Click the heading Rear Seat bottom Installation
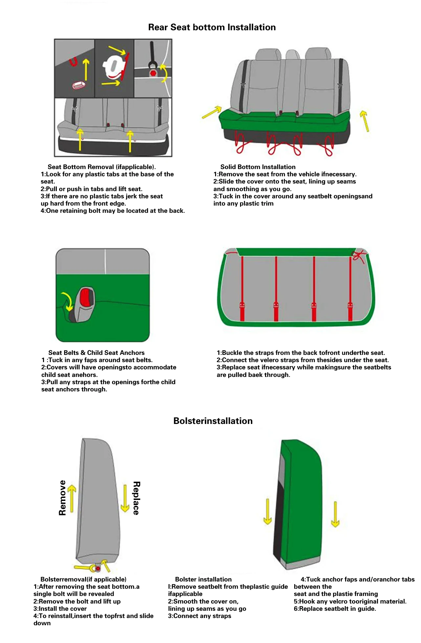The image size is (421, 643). (212, 27)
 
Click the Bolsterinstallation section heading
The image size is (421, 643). (213, 421)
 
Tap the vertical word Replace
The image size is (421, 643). (136, 498)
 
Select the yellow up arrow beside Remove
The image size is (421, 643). (72, 498)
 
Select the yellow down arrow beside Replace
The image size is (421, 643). (125, 499)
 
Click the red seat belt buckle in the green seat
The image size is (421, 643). (86, 297)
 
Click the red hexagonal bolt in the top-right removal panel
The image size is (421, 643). (153, 72)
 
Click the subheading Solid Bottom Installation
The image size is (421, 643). (258, 167)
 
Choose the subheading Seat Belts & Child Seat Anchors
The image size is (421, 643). (96, 353)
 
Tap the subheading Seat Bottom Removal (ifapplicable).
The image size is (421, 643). (101, 167)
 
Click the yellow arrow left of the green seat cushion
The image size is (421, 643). (212, 112)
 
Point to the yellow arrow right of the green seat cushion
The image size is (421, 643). (365, 121)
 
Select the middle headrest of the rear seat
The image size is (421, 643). (293, 55)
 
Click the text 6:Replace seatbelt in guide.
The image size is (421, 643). (335, 609)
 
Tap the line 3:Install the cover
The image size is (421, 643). (60, 609)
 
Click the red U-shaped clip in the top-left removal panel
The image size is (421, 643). (74, 62)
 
